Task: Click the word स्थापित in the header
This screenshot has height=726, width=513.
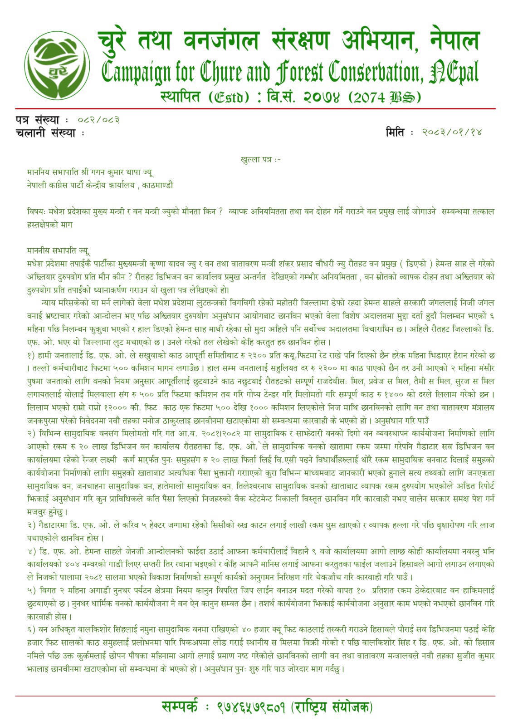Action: click(x=180, y=97)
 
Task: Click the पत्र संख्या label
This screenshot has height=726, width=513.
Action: click(x=37, y=120)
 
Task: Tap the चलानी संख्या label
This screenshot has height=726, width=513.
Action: click(x=45, y=132)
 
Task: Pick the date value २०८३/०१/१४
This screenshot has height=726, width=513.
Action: click(x=452, y=132)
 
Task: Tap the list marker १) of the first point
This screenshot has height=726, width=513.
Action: click(x=31, y=355)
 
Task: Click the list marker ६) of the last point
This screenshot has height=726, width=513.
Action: click(x=31, y=630)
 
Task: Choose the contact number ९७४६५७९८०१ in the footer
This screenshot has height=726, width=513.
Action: click(x=251, y=707)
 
